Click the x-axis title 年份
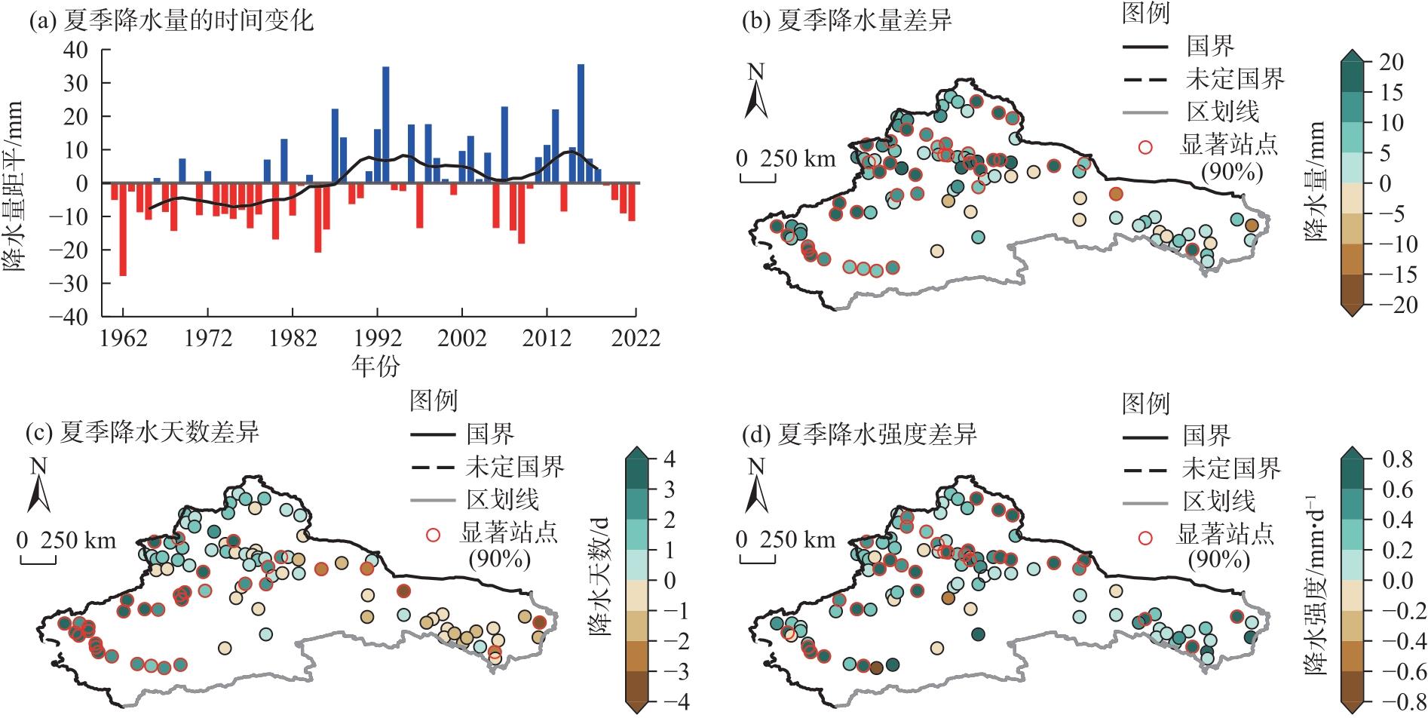pyautogui.click(x=375, y=366)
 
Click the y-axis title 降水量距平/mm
pyautogui.click(x=14, y=186)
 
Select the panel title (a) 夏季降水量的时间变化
pyautogui.click(x=170, y=20)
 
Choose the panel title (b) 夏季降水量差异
pyautogui.click(x=847, y=20)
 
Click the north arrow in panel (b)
pyautogui.click(x=755, y=92)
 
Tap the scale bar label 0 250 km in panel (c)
pyautogui.click(x=66, y=541)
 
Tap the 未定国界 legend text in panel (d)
pyautogui.click(x=1231, y=469)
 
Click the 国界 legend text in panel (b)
pyautogui.click(x=1210, y=46)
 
